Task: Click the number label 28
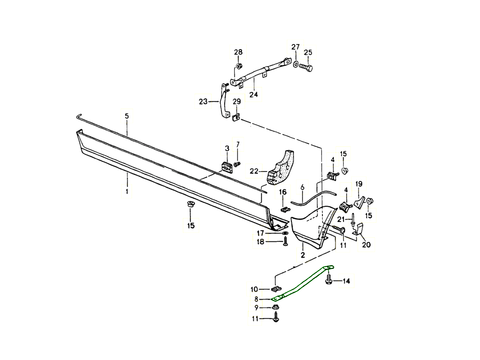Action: tap(238, 52)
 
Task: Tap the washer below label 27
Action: tap(295, 64)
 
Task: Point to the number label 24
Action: tap(253, 94)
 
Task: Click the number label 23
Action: tap(204, 102)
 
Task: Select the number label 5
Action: tap(127, 116)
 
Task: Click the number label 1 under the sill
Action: tap(127, 192)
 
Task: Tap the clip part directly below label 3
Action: tap(227, 167)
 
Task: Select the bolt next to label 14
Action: tap(329, 279)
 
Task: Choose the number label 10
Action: tap(254, 289)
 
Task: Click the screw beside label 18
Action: tap(285, 242)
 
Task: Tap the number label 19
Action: tap(359, 184)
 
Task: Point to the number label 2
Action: tap(303, 255)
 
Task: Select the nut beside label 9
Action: tap(275, 307)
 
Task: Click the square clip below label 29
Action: tap(236, 118)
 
